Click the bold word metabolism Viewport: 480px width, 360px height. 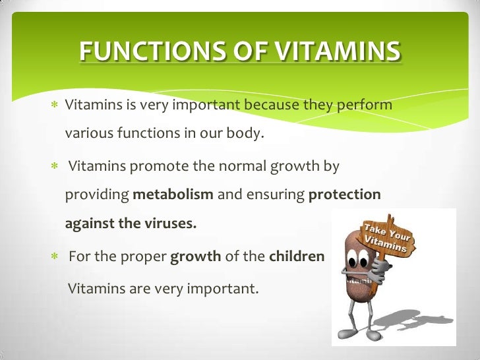click(173, 195)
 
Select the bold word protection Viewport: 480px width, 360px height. click(345, 195)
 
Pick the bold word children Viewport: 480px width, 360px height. click(297, 256)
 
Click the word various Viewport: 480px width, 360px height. click(88, 135)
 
